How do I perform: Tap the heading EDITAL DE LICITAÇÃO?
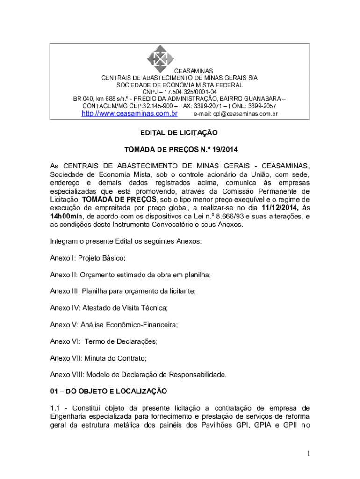click(180, 133)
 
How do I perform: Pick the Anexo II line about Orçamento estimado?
click(130, 275)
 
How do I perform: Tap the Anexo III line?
click(123, 291)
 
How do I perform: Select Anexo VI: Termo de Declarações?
click(104, 341)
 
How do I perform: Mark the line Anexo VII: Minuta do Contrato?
click(98, 358)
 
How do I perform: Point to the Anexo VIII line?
click(138, 374)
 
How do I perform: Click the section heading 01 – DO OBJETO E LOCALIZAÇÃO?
click(108, 391)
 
